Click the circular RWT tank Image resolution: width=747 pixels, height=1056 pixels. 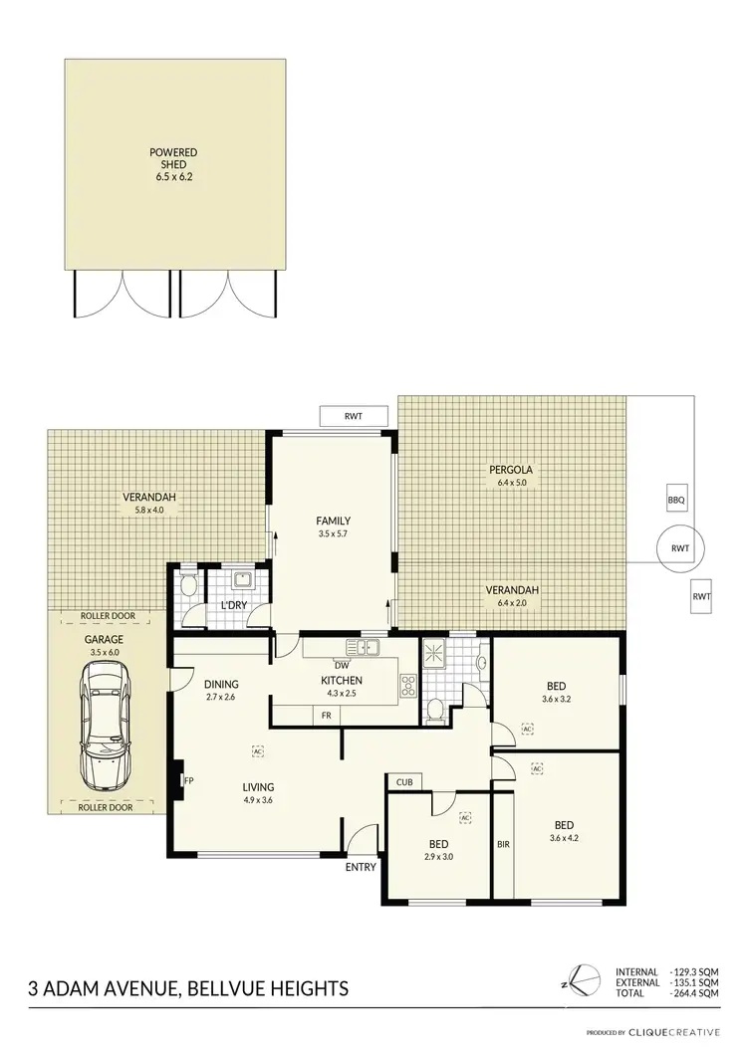point(680,548)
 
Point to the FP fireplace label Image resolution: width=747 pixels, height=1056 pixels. point(188,780)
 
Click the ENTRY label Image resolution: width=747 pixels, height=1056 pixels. point(361,867)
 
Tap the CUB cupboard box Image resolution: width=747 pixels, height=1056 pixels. point(403,781)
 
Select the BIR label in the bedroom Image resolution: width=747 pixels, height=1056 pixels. point(503,845)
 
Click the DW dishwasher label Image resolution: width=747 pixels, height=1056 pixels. point(342,666)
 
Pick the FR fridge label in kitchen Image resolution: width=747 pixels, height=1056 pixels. point(326,715)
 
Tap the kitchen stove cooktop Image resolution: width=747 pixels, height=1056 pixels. point(406,685)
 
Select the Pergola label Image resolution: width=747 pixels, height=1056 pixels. point(512,470)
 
